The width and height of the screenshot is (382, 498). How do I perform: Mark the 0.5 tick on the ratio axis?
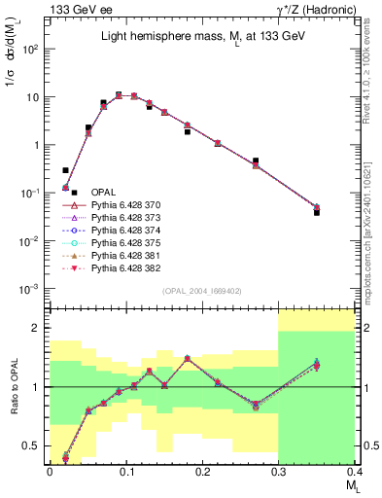pyautogui.click(x=37, y=446)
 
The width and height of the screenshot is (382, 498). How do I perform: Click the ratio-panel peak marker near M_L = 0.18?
pyautogui.click(x=188, y=358)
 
